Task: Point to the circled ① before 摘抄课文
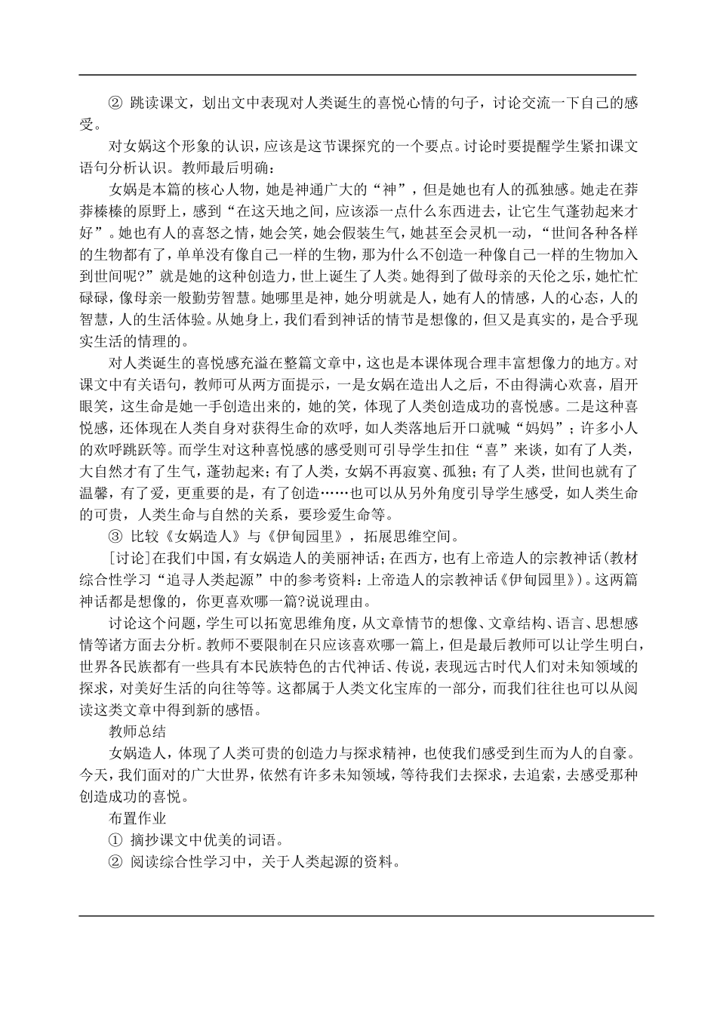[x=115, y=839]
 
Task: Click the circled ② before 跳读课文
[x=115, y=103]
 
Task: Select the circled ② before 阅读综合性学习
[x=115, y=861]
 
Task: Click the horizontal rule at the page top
[x=358, y=75]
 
